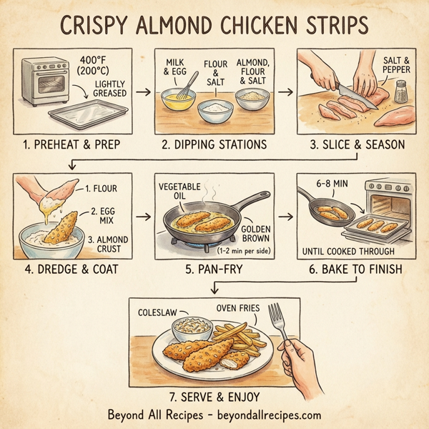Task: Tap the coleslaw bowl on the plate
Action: click(x=192, y=329)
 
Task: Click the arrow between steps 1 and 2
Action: click(x=143, y=92)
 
